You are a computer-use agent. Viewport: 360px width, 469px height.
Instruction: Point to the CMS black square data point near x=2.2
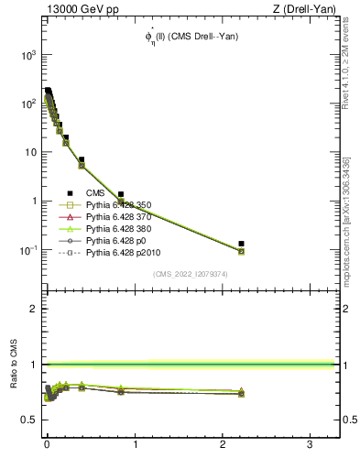click(x=241, y=244)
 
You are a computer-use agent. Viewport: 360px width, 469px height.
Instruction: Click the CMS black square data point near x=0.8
click(x=120, y=194)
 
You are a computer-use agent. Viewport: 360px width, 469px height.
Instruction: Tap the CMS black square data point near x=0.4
click(x=82, y=160)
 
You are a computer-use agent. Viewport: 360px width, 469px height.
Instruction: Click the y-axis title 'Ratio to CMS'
click(x=15, y=385)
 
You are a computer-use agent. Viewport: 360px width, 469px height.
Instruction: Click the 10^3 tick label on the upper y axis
click(x=27, y=54)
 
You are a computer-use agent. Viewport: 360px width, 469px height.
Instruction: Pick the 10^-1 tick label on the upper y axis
click(x=27, y=250)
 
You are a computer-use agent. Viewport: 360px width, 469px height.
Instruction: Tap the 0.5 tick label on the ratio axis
click(x=28, y=420)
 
